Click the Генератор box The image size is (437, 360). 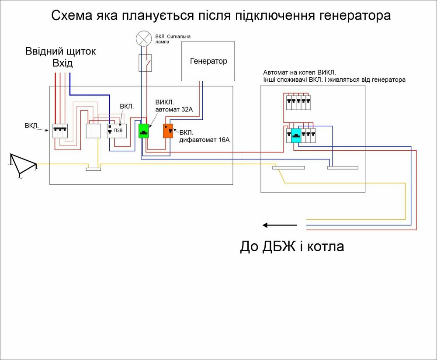208,61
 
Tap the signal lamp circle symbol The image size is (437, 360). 143,38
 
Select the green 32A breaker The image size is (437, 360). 144,131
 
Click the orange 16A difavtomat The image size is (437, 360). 168,131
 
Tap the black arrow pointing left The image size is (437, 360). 280,225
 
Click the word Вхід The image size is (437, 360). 62,64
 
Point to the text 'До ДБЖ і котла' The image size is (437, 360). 292,247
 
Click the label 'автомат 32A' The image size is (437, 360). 174,110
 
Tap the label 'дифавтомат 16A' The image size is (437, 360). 204,140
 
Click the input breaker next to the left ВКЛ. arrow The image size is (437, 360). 61,131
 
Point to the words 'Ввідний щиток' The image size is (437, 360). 60,52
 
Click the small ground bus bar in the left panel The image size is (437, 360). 93,169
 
